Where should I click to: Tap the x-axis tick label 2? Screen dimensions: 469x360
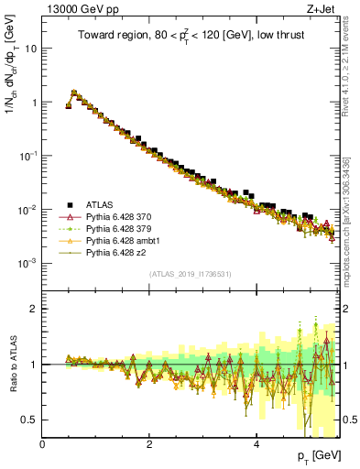[x=149, y=444]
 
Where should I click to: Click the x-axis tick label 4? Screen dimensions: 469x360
[x=256, y=444]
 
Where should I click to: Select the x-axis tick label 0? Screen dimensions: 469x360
[x=43, y=444]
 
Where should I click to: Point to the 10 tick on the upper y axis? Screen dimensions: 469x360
[x=31, y=49]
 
